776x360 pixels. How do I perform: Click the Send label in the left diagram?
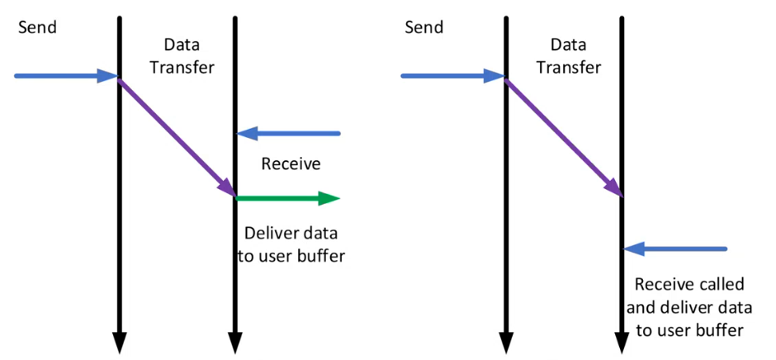pos(37,27)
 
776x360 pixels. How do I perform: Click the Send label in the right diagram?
pos(424,27)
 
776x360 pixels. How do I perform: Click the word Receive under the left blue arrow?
pos(291,163)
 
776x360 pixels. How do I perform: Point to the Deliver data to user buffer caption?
pos(291,244)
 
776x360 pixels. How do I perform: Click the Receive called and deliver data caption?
pos(689,307)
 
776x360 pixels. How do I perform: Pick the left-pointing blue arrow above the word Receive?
pos(289,132)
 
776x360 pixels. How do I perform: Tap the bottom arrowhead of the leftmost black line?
pos(120,342)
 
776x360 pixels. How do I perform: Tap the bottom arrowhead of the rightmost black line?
pos(622,342)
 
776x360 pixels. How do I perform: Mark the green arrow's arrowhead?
pos(329,197)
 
